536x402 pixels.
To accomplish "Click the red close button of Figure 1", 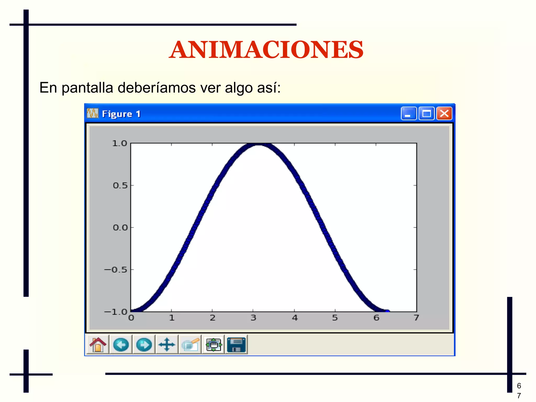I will [444, 114].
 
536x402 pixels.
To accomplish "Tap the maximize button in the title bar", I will [426, 114].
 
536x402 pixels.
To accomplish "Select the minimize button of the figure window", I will [408, 114].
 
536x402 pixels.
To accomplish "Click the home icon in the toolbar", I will [98, 344].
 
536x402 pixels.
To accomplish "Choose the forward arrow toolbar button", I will [144, 344].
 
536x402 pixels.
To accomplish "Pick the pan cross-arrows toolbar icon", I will [167, 344].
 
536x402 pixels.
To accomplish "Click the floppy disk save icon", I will [236, 344].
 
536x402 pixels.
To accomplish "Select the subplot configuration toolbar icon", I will [213, 344].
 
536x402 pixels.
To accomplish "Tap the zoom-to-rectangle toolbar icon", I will [190, 344].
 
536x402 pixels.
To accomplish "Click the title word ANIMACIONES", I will [266, 50].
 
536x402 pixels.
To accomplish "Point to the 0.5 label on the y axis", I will [120, 186].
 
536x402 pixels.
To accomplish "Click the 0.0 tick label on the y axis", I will [120, 228].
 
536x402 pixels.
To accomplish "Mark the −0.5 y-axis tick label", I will [116, 270].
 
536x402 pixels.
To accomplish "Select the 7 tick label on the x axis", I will [416, 318].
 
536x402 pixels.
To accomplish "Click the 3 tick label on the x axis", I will [253, 318].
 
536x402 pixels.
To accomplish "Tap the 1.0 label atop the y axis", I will [119, 144].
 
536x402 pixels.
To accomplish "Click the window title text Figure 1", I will [121, 114].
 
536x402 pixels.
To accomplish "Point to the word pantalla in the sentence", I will [87, 88].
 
